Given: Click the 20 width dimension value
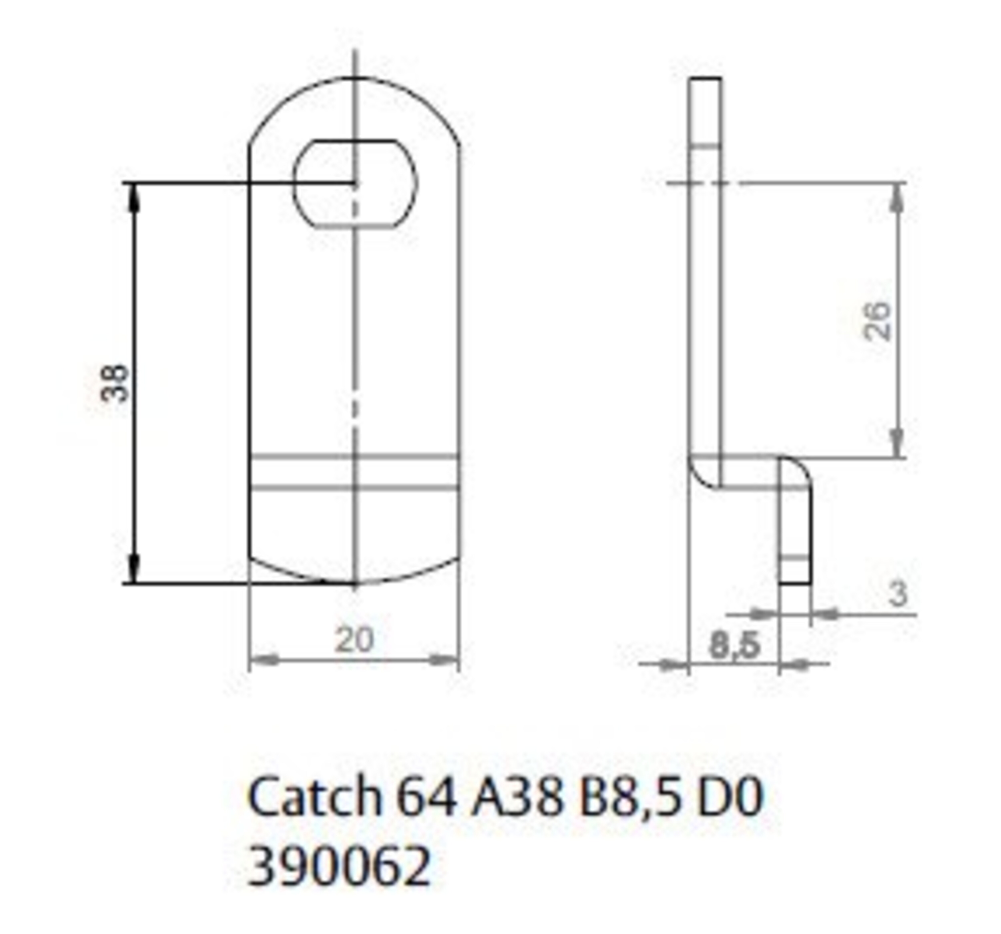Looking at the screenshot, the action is click(x=355, y=640).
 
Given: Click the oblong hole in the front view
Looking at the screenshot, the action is click(x=355, y=184).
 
